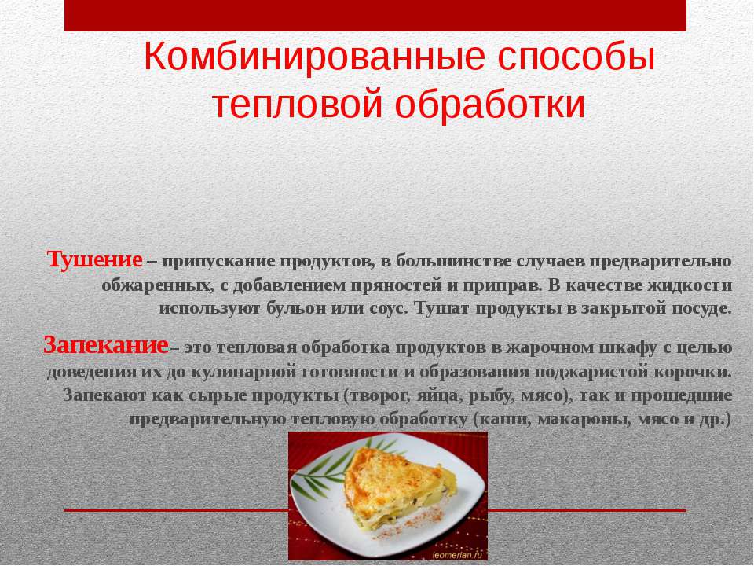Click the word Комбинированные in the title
click(x=314, y=57)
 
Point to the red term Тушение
click(x=95, y=260)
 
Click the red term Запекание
click(x=106, y=345)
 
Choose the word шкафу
click(x=628, y=347)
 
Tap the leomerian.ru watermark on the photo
click(x=456, y=555)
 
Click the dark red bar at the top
click(x=375, y=16)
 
